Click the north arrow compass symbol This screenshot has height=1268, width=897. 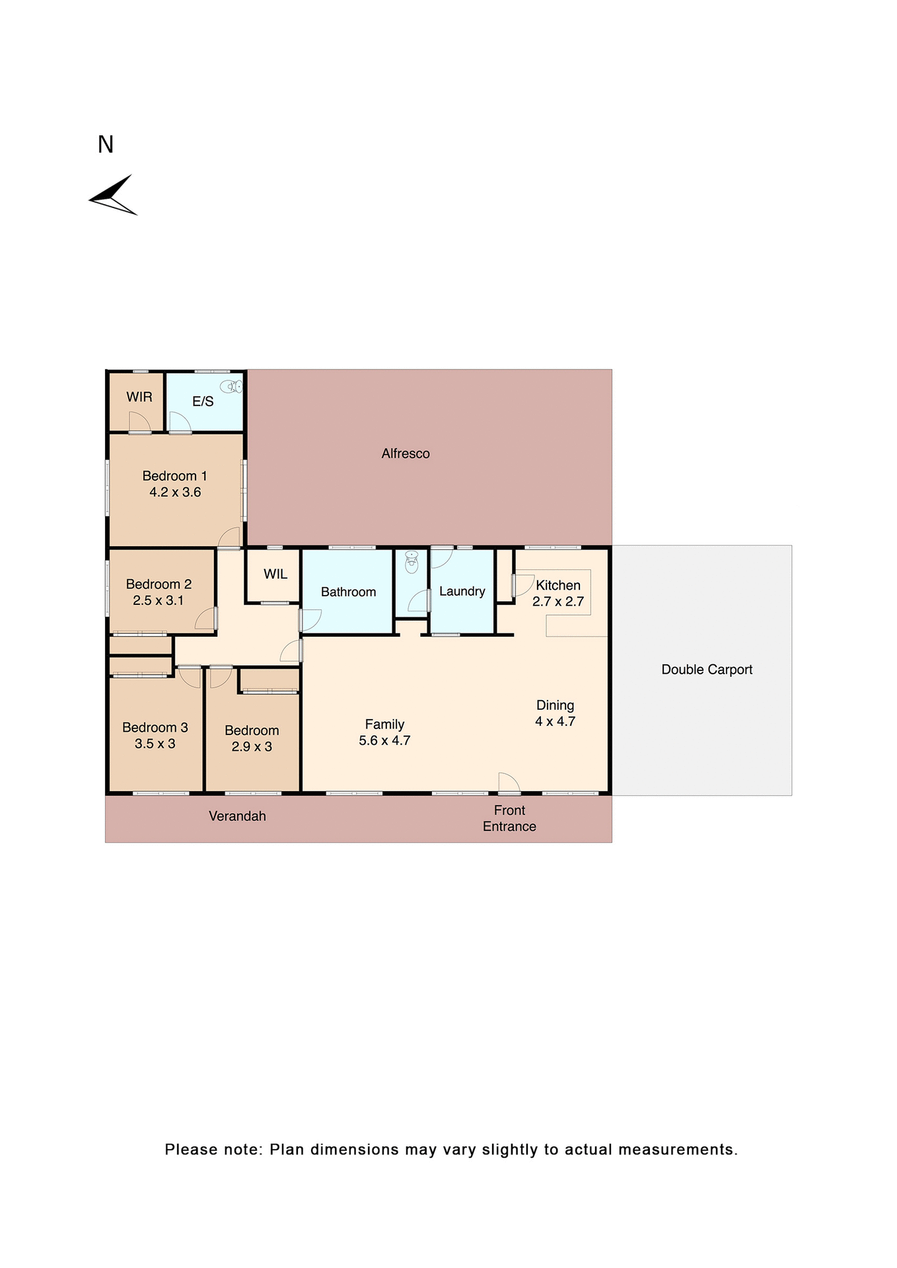pyautogui.click(x=113, y=196)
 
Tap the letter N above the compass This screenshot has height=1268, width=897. pyautogui.click(x=106, y=145)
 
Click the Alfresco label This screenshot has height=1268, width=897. pyautogui.click(x=406, y=454)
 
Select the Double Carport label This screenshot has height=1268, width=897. pyautogui.click(x=707, y=670)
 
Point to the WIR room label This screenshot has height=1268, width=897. pyautogui.click(x=139, y=397)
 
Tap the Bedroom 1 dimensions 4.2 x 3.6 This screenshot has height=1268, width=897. pyautogui.click(x=175, y=492)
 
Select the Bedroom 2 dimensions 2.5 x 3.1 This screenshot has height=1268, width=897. pyautogui.click(x=159, y=600)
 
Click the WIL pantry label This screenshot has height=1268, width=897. pyautogui.click(x=275, y=574)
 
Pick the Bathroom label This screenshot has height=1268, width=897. pyautogui.click(x=348, y=592)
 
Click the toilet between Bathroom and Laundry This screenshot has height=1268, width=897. pyautogui.click(x=412, y=562)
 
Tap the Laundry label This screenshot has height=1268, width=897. pyautogui.click(x=462, y=591)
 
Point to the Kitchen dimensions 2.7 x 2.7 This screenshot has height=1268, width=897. pyautogui.click(x=558, y=602)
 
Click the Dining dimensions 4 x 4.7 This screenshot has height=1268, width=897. pyautogui.click(x=555, y=721)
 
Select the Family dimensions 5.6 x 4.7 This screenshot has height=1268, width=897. pyautogui.click(x=384, y=741)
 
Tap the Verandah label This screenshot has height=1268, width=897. pyautogui.click(x=237, y=816)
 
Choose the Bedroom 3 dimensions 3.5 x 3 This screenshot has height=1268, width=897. pyautogui.click(x=155, y=744)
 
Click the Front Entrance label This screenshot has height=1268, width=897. pyautogui.click(x=509, y=818)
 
